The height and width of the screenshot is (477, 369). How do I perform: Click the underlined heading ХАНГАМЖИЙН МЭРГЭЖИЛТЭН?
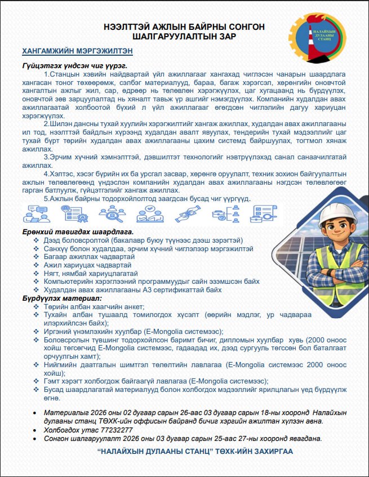point(77,51)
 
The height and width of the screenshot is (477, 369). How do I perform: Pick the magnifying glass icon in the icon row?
point(110,213)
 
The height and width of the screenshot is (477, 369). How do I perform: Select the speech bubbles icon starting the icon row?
point(35,213)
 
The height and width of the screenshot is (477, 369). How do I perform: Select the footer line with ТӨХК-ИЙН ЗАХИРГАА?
point(195,452)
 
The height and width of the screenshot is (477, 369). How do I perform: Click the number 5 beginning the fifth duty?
point(46,198)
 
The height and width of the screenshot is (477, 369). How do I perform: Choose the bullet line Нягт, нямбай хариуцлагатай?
point(94,273)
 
